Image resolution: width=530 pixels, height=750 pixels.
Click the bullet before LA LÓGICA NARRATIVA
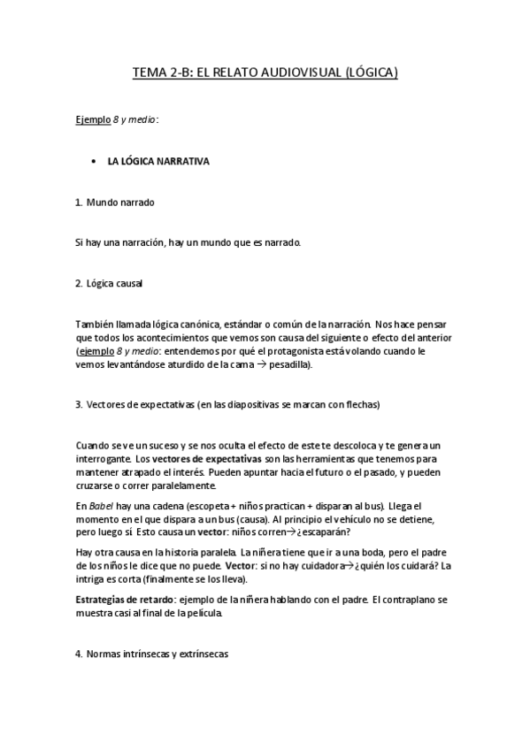(94, 163)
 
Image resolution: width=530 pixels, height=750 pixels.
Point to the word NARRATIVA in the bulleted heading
(182, 163)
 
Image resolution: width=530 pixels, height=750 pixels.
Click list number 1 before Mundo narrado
(79, 202)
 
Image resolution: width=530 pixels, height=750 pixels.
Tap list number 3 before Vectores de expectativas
(79, 405)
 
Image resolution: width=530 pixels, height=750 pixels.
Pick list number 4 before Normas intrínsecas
(79, 654)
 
